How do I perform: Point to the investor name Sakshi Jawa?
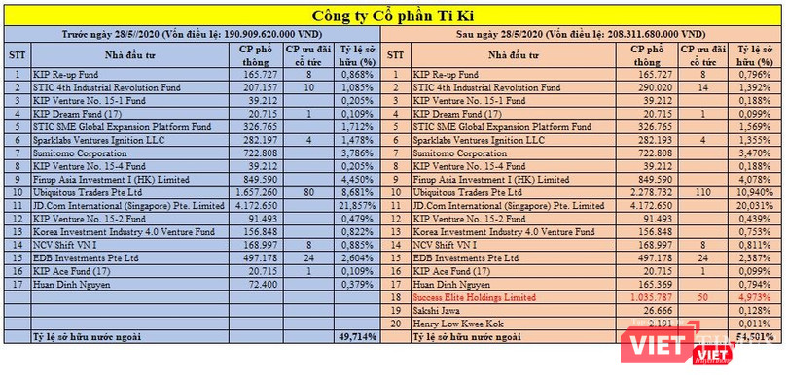tap(438, 310)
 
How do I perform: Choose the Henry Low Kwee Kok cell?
tap(456, 323)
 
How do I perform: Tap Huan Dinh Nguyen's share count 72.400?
tap(259, 284)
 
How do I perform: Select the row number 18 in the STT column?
tap(394, 296)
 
